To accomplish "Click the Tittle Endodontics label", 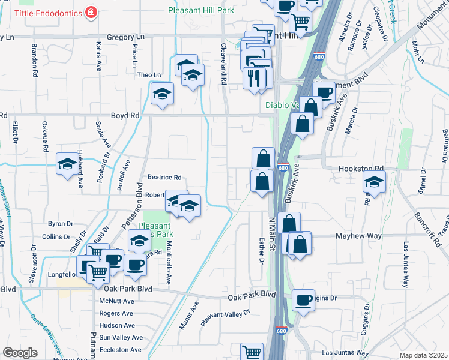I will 49,12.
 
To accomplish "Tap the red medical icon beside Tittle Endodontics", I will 91,12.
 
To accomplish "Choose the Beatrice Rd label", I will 164,178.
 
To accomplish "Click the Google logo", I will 20,353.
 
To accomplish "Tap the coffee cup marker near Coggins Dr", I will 304,299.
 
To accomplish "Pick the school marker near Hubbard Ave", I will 67,164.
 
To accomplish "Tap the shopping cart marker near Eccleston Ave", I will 252,352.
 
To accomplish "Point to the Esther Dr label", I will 261,253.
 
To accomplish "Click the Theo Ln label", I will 149,75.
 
